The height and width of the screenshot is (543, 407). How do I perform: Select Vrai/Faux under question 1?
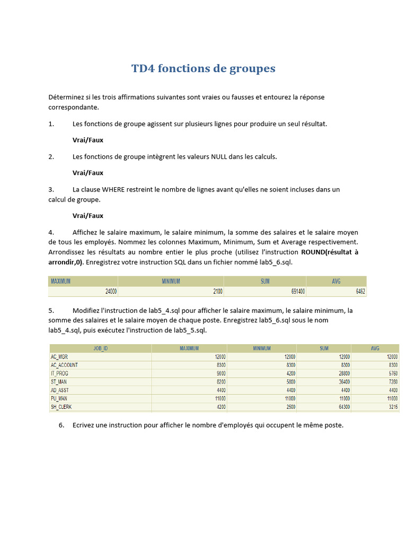(88, 140)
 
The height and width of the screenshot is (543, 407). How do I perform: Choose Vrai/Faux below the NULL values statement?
(88, 172)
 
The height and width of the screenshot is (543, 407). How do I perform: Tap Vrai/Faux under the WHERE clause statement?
(88, 215)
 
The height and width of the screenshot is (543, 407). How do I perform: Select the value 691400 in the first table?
(294, 292)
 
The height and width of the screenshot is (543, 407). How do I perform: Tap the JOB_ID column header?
(101, 348)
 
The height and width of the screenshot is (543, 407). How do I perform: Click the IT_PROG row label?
(60, 373)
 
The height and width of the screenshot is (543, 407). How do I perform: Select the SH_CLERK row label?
(61, 407)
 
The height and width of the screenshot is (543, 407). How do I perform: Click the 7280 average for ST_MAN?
(391, 382)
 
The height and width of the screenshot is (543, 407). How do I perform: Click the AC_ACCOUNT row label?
(64, 365)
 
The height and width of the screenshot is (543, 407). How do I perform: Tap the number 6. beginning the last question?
(61, 425)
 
